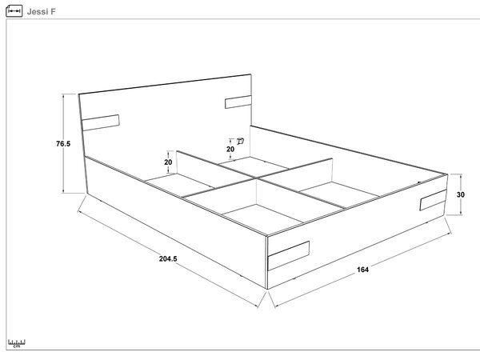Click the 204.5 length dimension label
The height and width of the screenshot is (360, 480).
168,258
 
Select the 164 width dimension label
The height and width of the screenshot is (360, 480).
362,270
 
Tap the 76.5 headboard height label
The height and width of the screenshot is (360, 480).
63,143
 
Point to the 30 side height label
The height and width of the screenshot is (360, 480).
461,194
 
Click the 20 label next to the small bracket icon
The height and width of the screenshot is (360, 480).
230,149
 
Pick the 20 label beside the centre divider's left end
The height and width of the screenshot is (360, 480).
168,162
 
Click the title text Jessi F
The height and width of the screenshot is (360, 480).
42,12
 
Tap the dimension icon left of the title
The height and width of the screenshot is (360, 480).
14,11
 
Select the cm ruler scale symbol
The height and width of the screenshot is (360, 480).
17,343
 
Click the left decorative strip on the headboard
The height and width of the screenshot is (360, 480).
101,122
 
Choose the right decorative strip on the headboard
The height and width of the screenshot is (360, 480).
238,102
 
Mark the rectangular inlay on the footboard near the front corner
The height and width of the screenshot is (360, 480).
289,256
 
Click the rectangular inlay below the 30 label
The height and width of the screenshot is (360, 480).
433,200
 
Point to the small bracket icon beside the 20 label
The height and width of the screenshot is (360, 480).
241,141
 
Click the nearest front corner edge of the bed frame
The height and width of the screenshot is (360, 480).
267,262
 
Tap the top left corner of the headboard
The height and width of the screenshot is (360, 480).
78,94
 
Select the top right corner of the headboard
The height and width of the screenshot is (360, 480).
251,74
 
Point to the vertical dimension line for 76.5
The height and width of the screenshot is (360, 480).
63,143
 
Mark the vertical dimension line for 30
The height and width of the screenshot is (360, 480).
461,194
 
